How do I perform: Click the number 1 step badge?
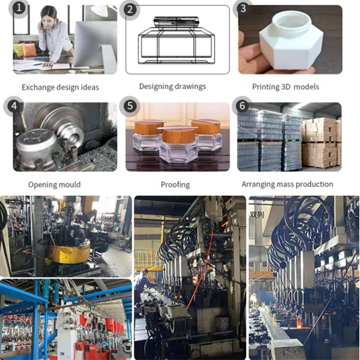coord(19,8)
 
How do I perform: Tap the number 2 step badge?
coord(130,10)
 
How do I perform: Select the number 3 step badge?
coord(243,9)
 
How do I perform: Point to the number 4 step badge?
coord(14,106)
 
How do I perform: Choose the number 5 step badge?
coord(130,106)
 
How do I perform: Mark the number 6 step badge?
coord(242,106)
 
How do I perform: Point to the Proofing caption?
coord(175,185)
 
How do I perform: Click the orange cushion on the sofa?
coord(29,50)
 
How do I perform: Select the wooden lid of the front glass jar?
coord(177,136)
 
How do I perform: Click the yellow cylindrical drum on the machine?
coord(70,253)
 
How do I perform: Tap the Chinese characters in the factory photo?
coord(257,215)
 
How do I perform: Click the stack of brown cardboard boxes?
coord(321,142)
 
